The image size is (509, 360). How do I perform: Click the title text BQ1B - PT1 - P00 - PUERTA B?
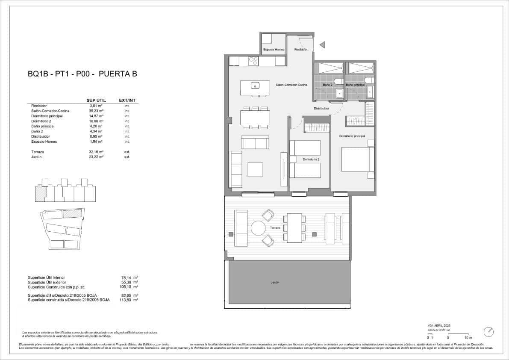click(82, 74)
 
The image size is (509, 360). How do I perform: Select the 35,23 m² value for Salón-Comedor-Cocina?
click(96, 111)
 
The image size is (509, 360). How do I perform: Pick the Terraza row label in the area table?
click(38, 152)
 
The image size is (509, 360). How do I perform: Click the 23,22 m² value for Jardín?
click(96, 157)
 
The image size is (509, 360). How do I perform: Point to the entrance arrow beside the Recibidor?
click(323, 44)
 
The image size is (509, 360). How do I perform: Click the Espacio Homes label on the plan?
click(274, 50)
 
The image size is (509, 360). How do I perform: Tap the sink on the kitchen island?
click(255, 86)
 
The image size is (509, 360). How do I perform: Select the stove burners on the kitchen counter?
click(253, 61)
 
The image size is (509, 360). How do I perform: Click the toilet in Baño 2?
click(337, 81)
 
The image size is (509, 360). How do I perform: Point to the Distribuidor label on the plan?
click(321, 109)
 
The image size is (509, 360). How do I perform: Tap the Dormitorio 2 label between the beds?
click(311, 159)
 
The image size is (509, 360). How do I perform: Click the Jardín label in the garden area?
click(275, 283)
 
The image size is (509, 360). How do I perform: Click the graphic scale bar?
click(447, 334)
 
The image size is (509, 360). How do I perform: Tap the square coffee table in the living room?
click(255, 169)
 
